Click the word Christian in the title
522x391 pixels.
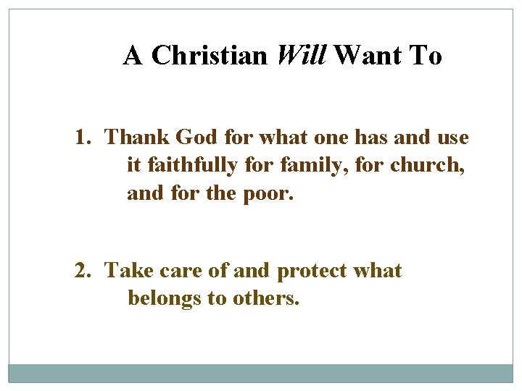210,56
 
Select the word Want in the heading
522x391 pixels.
369,56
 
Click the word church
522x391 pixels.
427,166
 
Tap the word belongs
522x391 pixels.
164,299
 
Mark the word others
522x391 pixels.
265,298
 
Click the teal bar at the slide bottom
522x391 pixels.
261,373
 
